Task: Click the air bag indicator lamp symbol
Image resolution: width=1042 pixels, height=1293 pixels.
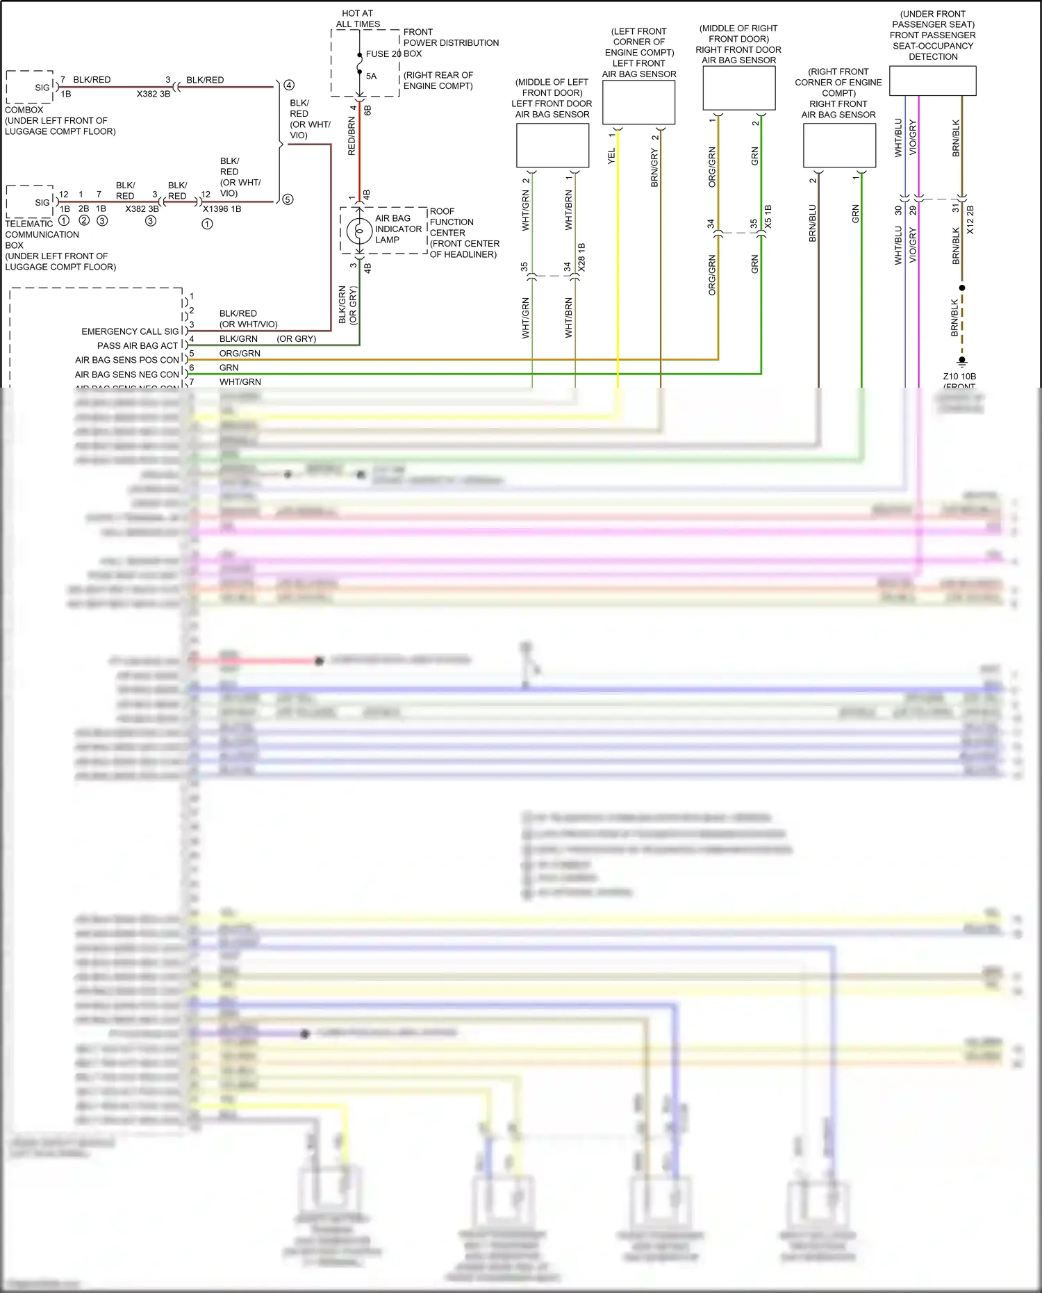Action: click(359, 230)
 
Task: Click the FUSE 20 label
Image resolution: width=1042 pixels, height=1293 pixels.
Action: click(383, 53)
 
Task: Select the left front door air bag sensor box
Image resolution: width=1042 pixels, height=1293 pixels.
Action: click(552, 145)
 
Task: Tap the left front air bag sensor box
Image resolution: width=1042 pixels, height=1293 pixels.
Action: click(638, 103)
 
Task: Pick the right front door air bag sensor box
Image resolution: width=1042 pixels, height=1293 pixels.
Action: click(738, 88)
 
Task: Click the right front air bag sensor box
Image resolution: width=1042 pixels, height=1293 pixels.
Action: click(839, 145)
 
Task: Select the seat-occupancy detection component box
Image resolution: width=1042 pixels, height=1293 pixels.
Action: click(932, 81)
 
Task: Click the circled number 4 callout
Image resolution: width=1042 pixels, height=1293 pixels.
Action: click(289, 85)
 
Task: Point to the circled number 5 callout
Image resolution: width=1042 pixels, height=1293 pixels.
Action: click(288, 199)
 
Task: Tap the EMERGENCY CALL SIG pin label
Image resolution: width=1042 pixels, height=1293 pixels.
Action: click(130, 331)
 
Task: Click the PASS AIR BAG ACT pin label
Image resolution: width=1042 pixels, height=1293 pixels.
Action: click(138, 345)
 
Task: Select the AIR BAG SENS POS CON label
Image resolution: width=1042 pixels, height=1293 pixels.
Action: click(127, 360)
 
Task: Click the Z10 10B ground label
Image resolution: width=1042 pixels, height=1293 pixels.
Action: click(959, 376)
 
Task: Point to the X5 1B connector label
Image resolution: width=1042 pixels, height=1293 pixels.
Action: click(768, 216)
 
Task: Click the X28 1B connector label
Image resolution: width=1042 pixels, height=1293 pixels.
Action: click(581, 256)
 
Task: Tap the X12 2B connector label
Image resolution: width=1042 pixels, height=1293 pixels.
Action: click(970, 220)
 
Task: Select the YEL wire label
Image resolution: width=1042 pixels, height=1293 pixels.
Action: click(611, 156)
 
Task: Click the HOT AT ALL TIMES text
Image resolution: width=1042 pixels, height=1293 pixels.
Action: click(358, 19)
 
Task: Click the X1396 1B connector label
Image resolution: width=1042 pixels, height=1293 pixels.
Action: click(222, 208)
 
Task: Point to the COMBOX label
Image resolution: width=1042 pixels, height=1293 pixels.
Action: click(24, 110)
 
